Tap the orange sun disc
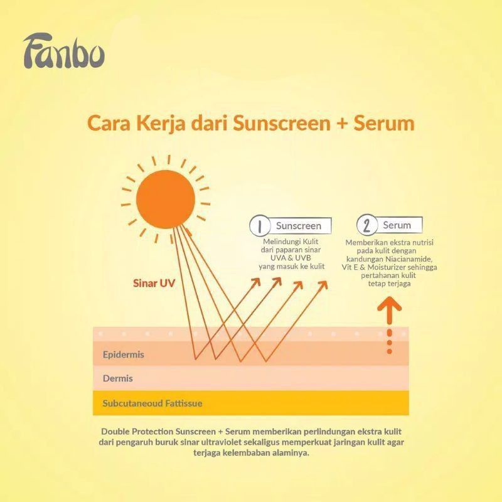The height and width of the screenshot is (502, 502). [166, 201]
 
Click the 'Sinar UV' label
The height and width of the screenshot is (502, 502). [154, 283]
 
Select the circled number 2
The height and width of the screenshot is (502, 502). [366, 225]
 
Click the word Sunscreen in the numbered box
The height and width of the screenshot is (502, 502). [299, 226]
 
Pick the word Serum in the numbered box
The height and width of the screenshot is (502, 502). [397, 225]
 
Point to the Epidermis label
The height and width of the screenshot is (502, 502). [124, 355]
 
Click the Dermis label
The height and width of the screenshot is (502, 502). [118, 379]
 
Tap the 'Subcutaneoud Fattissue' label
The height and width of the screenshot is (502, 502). [152, 403]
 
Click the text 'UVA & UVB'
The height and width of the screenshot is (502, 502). [292, 259]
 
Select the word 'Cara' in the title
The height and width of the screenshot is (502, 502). [104, 122]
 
